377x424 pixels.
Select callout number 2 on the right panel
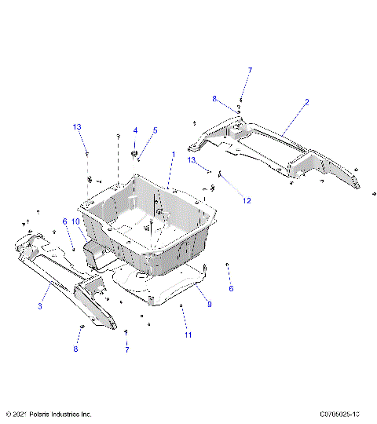[x=307, y=103]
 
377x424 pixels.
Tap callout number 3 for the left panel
[x=39, y=305]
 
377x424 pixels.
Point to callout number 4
[x=135, y=130]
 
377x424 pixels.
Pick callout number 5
[x=155, y=130]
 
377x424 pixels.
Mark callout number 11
[x=188, y=335]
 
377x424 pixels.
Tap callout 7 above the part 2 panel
[x=251, y=71]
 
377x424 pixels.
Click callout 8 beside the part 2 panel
[x=213, y=99]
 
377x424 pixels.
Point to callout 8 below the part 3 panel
[x=77, y=349]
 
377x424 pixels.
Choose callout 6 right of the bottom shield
[x=231, y=288]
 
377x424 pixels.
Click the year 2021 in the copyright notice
[x=23, y=414]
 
